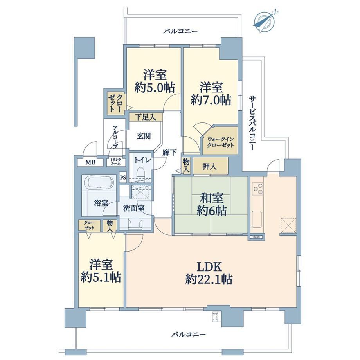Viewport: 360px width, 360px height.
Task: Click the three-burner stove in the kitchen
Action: (x=257, y=189)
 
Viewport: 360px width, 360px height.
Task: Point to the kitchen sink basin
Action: (x=257, y=219)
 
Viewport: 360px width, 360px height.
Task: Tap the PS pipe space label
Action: (x=123, y=178)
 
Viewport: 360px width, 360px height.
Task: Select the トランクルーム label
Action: (x=116, y=162)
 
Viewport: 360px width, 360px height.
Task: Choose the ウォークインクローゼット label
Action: (x=221, y=142)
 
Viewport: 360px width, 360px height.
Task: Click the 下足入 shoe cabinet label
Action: (x=146, y=117)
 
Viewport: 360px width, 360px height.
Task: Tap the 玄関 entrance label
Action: (x=144, y=136)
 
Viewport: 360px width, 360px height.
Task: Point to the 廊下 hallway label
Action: (x=169, y=153)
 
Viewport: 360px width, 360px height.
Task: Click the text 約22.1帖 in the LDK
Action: (x=209, y=279)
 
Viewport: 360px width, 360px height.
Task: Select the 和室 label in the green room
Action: (x=212, y=198)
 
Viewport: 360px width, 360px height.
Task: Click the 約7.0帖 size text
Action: (x=211, y=100)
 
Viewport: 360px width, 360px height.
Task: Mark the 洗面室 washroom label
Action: (x=134, y=208)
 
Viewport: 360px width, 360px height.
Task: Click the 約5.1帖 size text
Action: (x=101, y=277)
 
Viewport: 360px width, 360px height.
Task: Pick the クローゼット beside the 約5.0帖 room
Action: (x=116, y=103)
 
